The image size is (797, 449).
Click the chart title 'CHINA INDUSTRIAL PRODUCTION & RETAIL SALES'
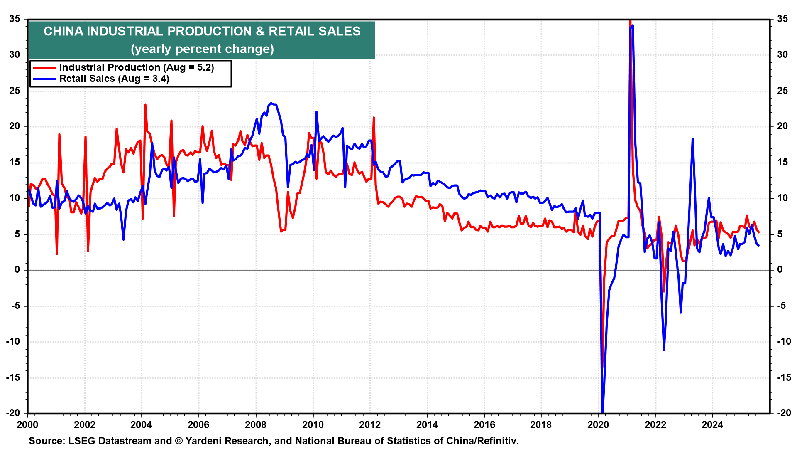click(x=202, y=31)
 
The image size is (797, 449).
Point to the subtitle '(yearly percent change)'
click(x=202, y=49)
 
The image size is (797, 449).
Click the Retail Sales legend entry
click(x=114, y=79)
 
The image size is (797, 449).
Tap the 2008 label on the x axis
click(x=256, y=424)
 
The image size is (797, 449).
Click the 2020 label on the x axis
click(x=598, y=424)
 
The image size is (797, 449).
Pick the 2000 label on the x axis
click(x=27, y=424)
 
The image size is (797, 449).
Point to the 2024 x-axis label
click(x=712, y=424)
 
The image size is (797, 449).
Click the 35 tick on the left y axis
click(x=15, y=19)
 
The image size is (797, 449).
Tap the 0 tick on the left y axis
click(x=17, y=270)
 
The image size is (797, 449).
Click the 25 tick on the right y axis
click(x=782, y=91)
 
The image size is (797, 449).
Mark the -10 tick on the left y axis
click(x=13, y=342)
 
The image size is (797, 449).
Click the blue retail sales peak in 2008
click(x=271, y=103)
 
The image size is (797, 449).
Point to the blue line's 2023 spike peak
click(x=692, y=139)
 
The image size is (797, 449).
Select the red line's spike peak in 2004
click(x=145, y=104)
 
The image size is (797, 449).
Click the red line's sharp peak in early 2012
click(x=374, y=118)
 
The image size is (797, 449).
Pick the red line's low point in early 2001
click(x=57, y=254)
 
